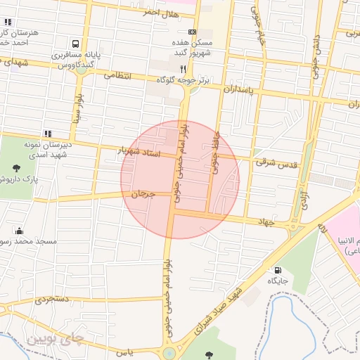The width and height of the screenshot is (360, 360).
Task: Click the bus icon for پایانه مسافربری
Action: [75, 43]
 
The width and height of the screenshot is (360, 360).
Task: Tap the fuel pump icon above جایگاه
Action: [277, 270]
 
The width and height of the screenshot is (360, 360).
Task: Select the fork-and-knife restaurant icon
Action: [184, 69]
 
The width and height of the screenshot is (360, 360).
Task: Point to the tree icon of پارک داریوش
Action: [16, 168]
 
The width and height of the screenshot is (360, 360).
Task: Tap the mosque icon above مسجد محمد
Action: [19, 231]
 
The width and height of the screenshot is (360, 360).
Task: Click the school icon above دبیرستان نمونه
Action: [48, 133]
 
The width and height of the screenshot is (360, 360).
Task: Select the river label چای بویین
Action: [55, 339]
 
